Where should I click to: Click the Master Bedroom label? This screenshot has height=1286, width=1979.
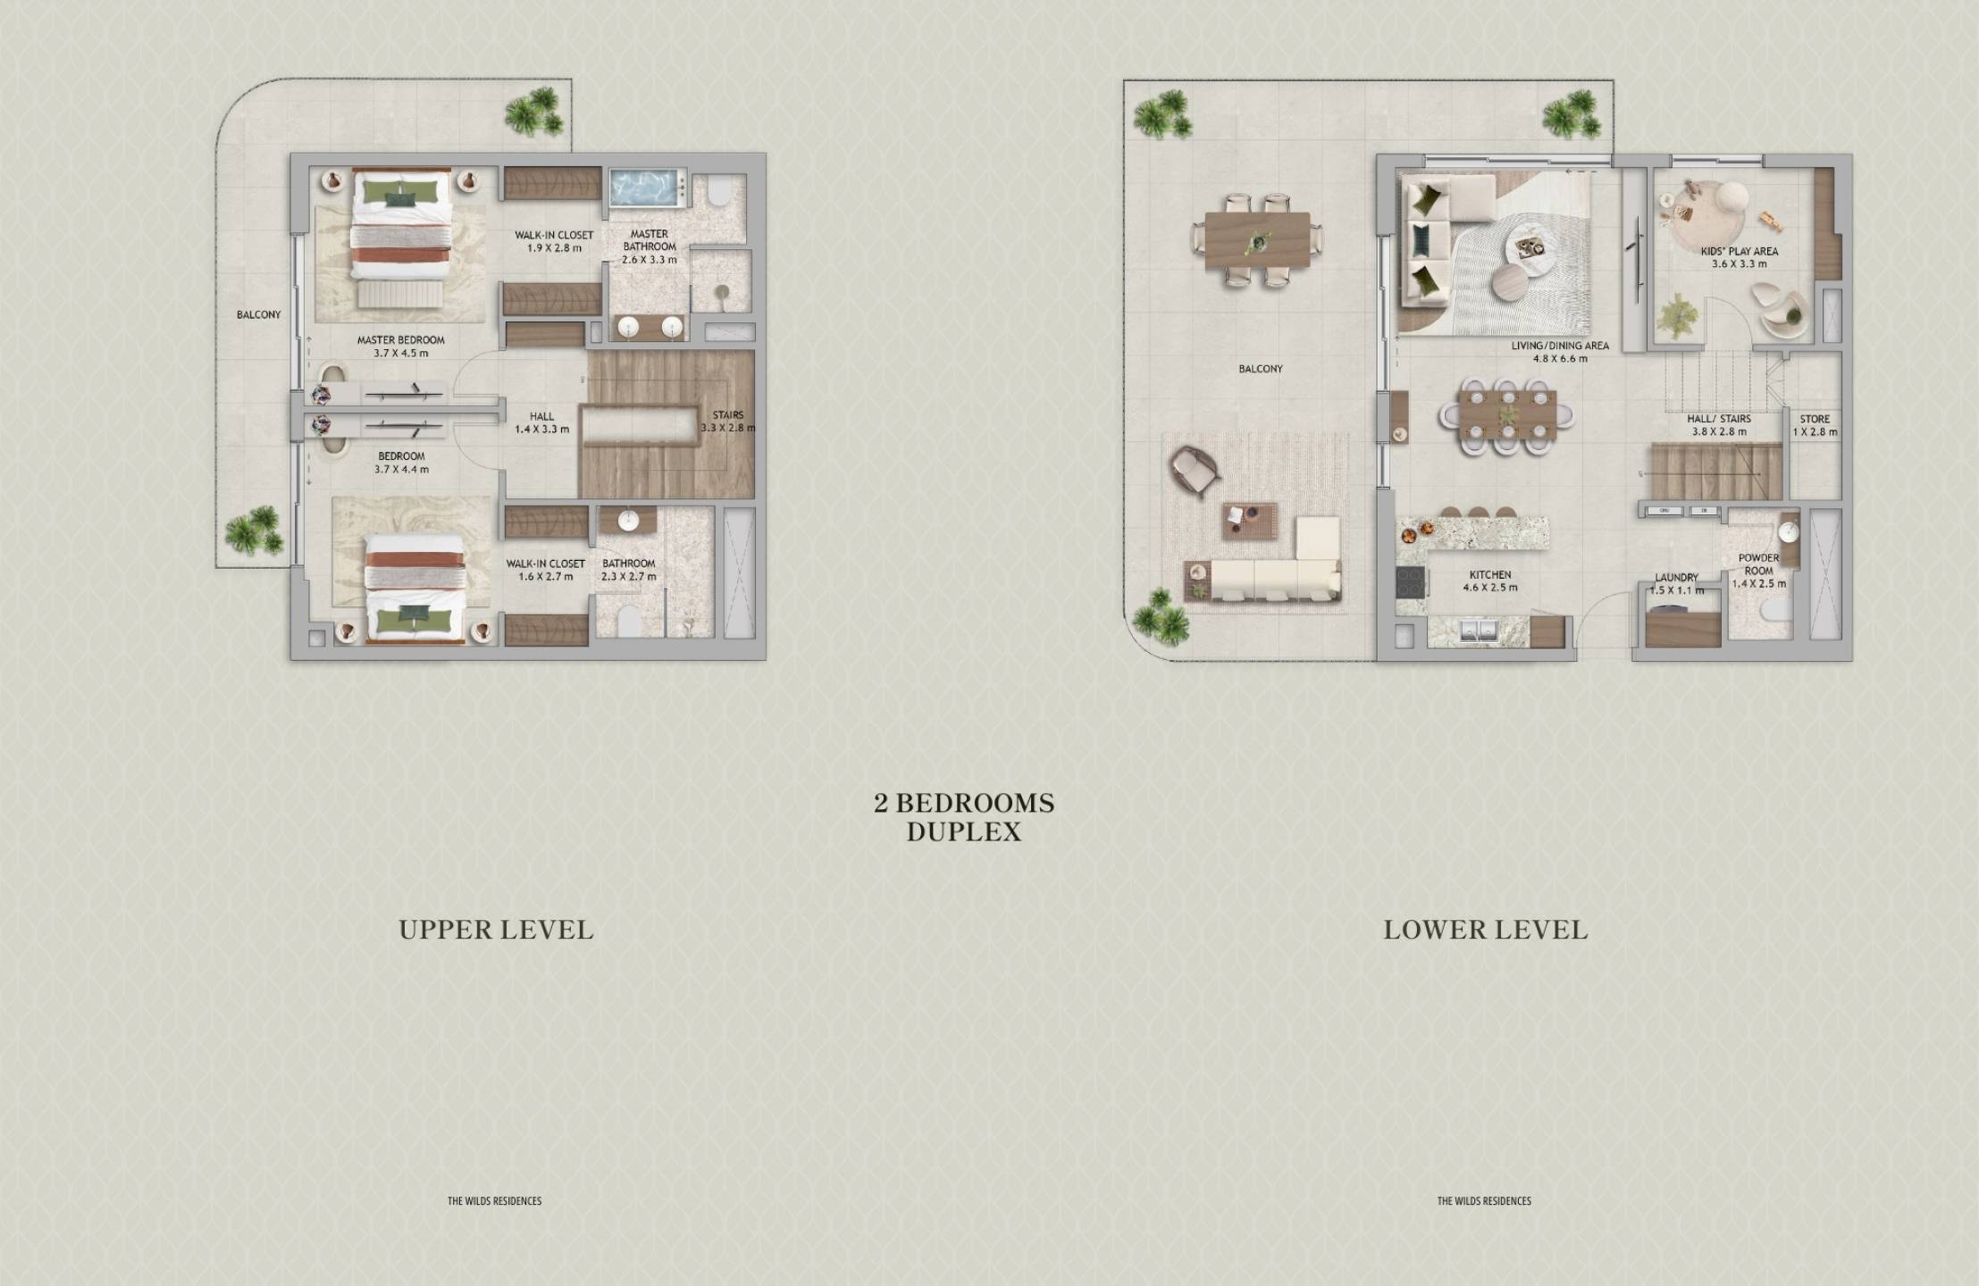pos(400,340)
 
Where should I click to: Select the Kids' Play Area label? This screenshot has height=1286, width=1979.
pos(1739,252)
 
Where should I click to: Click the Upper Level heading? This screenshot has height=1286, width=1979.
pos(496,931)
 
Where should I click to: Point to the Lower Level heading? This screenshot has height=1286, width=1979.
pos(1486,931)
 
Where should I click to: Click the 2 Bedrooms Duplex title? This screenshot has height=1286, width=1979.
pos(964,817)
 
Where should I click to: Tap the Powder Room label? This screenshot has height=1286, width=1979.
pos(1758,564)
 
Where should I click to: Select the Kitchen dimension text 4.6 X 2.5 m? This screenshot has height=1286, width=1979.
pos(1490,588)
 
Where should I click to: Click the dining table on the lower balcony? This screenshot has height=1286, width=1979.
pos(1257,242)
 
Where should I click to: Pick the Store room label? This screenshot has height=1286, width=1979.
pos(1815,419)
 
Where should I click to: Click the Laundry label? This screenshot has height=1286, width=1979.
pos(1676,578)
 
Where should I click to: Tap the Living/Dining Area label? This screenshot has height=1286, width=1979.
pos(1560,346)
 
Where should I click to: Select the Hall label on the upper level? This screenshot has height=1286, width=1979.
pos(541,416)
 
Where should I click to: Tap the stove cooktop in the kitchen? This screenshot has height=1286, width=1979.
pos(1411,583)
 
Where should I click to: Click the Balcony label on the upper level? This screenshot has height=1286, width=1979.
pos(258,315)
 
